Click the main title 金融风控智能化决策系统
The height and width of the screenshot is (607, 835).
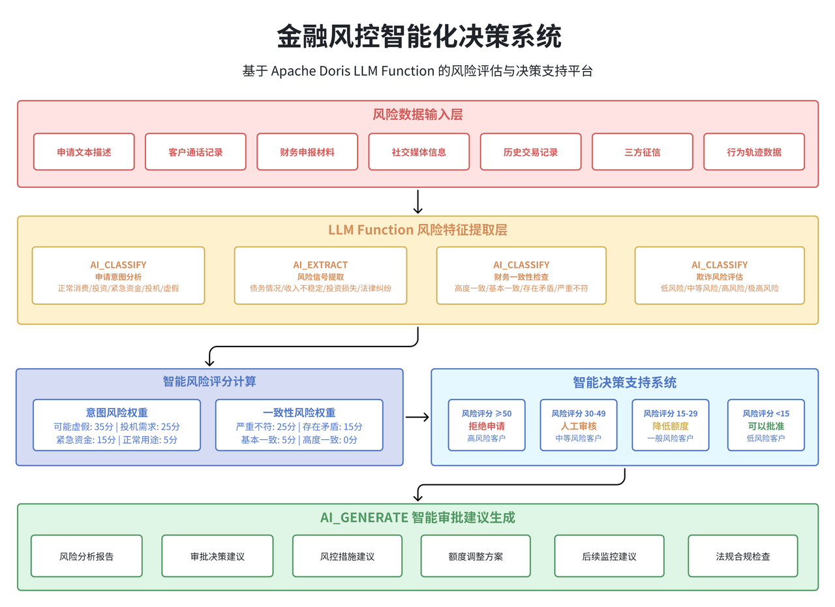[x=417, y=37]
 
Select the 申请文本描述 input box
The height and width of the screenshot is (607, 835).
[x=84, y=152]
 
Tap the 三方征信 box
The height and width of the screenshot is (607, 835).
[x=642, y=152]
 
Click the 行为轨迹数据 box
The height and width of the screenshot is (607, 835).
[x=754, y=152]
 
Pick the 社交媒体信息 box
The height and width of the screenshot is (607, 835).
[x=419, y=152]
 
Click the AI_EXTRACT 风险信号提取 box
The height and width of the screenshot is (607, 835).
[x=320, y=275]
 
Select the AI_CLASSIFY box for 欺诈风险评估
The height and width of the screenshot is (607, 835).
[x=720, y=275]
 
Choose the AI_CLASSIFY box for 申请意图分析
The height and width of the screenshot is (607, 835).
[x=118, y=275]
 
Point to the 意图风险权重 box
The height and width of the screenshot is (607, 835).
[x=117, y=426]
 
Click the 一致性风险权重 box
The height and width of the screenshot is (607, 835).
[x=299, y=426]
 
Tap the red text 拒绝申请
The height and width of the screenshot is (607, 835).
[x=487, y=426]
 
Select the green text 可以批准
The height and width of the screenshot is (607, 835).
[x=767, y=426]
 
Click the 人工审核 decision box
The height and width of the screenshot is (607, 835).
[x=579, y=426]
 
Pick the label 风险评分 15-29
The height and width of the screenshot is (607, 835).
[x=671, y=413]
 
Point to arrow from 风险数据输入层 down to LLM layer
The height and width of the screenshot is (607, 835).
[x=417, y=202]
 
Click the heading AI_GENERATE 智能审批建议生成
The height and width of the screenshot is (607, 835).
[x=417, y=518]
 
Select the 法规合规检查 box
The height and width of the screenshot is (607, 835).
[x=742, y=556]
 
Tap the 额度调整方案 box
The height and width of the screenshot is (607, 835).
[x=476, y=556]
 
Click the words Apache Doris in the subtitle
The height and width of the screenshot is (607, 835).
[x=310, y=71]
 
